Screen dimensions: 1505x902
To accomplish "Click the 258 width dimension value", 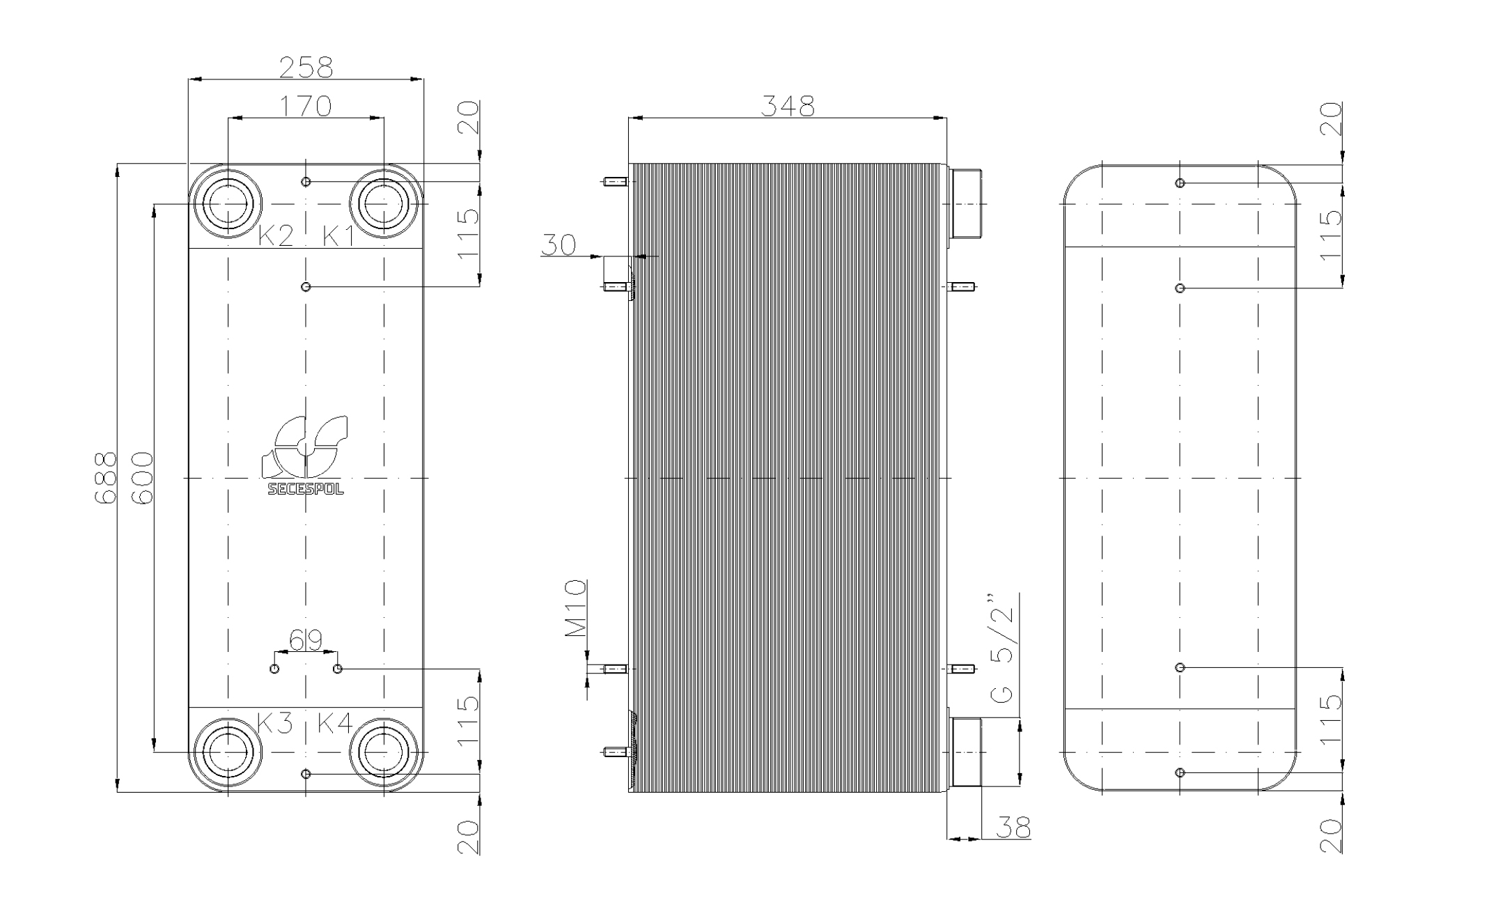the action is pos(306,67).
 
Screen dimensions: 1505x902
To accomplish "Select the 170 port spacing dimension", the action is pos(306,106).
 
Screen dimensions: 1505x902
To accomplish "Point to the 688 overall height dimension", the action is pos(105,478).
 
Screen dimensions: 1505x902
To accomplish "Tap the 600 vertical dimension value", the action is pos(142,478).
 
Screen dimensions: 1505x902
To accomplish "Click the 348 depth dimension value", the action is pos(787,106).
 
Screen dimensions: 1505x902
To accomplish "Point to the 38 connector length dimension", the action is pos(1013,827).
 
